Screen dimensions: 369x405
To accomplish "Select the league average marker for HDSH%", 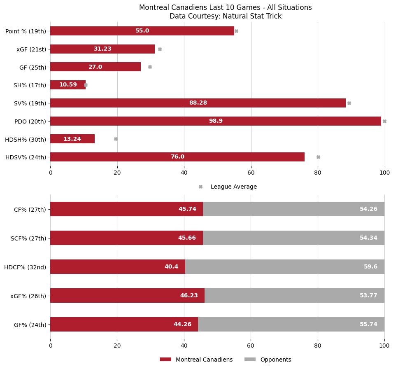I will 116,139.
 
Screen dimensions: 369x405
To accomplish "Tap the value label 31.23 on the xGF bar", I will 102,49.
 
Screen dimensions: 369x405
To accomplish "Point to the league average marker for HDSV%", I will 318,157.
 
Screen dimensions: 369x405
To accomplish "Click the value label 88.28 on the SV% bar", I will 198,103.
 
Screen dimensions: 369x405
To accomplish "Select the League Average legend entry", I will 233,187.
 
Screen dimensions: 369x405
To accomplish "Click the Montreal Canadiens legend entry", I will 204,360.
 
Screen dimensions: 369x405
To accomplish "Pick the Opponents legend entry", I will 275,360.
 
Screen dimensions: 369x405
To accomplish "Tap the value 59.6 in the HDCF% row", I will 370,266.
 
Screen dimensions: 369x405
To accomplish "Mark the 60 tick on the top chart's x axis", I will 251,173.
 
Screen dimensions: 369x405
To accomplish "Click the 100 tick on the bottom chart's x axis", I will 384,346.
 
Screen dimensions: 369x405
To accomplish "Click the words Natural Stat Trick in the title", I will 256,16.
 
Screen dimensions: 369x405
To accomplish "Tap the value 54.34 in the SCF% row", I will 368,238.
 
